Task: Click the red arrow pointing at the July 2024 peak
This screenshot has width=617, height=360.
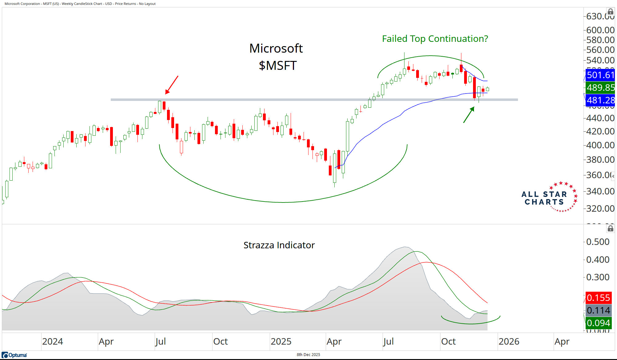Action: [172, 85]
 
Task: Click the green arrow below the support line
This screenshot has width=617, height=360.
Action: [469, 115]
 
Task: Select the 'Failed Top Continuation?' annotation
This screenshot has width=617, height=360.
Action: [435, 39]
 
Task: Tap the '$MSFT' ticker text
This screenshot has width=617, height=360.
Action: [277, 66]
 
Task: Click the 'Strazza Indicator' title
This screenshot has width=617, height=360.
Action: [279, 245]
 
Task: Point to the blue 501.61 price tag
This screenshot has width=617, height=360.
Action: [600, 75]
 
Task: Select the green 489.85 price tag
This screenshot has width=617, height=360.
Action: [600, 88]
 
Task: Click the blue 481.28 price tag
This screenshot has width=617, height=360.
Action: [600, 100]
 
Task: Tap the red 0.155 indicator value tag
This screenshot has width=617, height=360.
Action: [598, 298]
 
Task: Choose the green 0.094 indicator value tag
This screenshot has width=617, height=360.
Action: [598, 323]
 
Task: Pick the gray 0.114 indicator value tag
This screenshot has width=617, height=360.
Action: [598, 310]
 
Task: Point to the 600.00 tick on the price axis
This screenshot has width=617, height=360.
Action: [600, 30]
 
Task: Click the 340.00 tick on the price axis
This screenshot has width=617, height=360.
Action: [600, 191]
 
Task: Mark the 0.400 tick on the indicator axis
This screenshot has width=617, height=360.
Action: [598, 260]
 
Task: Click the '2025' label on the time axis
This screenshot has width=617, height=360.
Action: [281, 342]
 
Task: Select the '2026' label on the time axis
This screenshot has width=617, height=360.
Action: [509, 342]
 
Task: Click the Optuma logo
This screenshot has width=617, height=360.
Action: [14, 355]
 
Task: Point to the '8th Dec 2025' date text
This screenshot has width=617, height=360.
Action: [308, 355]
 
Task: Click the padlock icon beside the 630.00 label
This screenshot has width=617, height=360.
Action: [611, 12]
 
